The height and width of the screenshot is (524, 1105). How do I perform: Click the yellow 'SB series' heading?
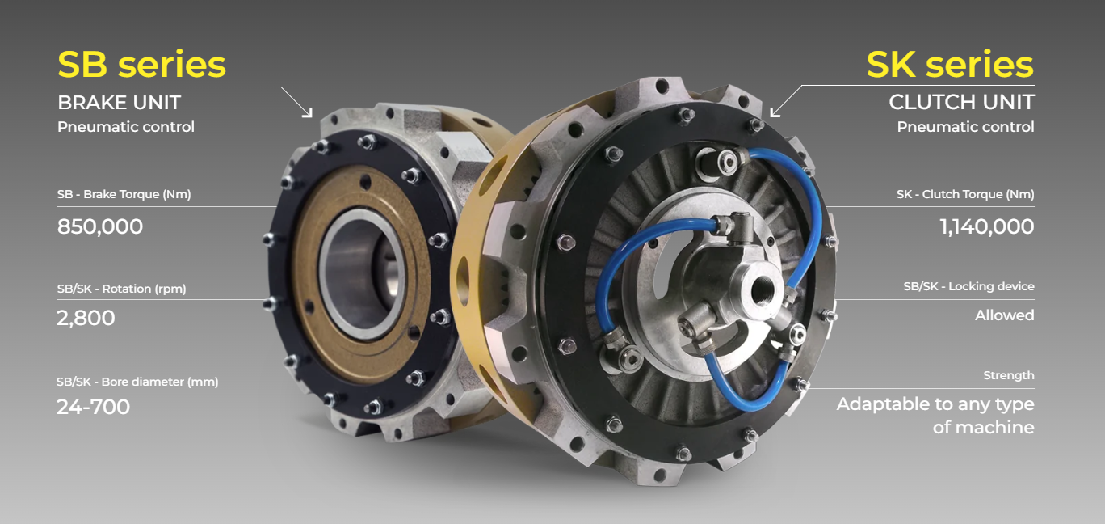pos(141,65)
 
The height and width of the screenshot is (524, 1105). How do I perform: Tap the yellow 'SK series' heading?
pos(950,65)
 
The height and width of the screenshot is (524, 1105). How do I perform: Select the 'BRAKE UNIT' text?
pos(120,103)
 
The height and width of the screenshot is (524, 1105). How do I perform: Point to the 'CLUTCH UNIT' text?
pos(961,102)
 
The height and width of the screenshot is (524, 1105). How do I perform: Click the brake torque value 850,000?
pos(100,226)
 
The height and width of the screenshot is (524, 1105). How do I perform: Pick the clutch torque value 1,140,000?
pos(987,226)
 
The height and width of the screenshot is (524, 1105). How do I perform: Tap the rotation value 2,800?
pos(86,318)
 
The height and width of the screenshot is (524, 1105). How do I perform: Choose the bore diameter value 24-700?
pos(93,407)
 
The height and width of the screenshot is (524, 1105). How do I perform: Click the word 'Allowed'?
pos(1004,315)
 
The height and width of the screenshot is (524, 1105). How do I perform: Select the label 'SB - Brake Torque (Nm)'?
pos(124,194)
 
